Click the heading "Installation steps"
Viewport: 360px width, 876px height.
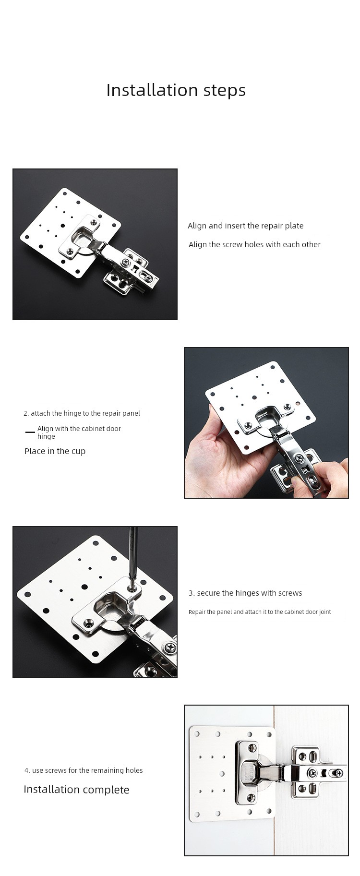(176, 90)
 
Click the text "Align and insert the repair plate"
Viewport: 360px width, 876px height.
(245, 226)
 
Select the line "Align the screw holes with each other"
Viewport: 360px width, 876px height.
(254, 244)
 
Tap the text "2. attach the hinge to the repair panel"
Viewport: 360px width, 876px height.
(82, 413)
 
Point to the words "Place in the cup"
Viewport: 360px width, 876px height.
(55, 451)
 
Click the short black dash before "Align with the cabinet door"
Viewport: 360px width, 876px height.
(30, 432)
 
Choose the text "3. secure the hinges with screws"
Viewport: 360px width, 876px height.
(245, 593)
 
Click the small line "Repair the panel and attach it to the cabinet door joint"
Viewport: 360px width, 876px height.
(260, 612)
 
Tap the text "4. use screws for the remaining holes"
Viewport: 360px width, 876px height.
(84, 770)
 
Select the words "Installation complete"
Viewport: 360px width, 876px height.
(76, 790)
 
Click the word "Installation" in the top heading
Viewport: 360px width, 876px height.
(147, 90)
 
